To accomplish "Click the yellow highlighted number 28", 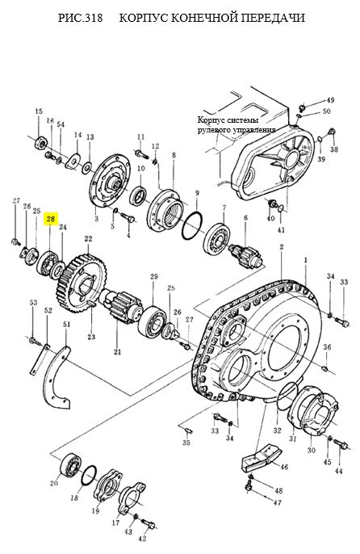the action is pyautogui.click(x=51, y=219).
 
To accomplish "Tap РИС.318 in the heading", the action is pyautogui.click(x=80, y=18).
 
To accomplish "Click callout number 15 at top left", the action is pyautogui.click(x=39, y=111).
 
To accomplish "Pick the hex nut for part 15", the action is pyautogui.click(x=41, y=141).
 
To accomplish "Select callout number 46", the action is pyautogui.click(x=284, y=467).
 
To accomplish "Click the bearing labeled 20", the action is pyautogui.click(x=71, y=464).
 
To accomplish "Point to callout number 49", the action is pyautogui.click(x=329, y=100).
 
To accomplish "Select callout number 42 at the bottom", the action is pyautogui.click(x=142, y=539).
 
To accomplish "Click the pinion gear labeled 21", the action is pyautogui.click(x=122, y=305).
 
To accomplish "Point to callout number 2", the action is pyautogui.click(x=282, y=246).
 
